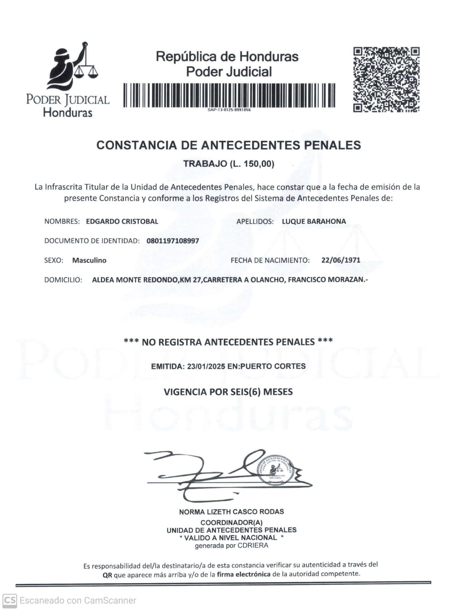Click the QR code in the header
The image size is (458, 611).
[386, 79]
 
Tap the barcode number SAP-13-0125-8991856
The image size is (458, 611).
[229, 110]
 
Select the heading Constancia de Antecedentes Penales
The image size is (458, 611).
[229, 145]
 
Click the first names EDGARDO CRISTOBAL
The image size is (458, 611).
[122, 221]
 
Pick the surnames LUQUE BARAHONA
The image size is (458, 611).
[314, 221]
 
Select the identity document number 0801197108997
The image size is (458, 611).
[173, 241]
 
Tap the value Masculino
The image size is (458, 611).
[89, 260]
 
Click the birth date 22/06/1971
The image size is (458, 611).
[341, 260]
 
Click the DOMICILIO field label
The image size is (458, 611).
[63, 280]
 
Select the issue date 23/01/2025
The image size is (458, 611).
[206, 366]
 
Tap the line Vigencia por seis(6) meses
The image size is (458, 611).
[228, 392]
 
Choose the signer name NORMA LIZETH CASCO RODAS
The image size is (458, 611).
[231, 512]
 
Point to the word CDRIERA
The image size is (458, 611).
[253, 546]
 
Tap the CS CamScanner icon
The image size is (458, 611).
[10, 601]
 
